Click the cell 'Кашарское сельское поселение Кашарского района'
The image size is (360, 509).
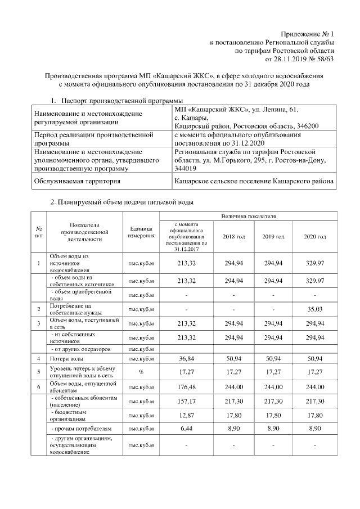pos(254,181)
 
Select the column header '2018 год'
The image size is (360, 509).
pos(234,237)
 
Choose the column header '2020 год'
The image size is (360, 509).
pos(315,237)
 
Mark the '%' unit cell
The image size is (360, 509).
pos(141,372)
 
